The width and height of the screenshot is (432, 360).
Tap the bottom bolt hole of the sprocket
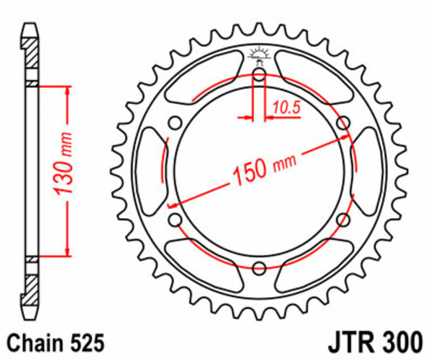[259, 266]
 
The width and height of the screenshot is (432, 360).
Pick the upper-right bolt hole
[342, 123]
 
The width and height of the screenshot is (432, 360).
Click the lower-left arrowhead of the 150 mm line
[172, 205]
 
